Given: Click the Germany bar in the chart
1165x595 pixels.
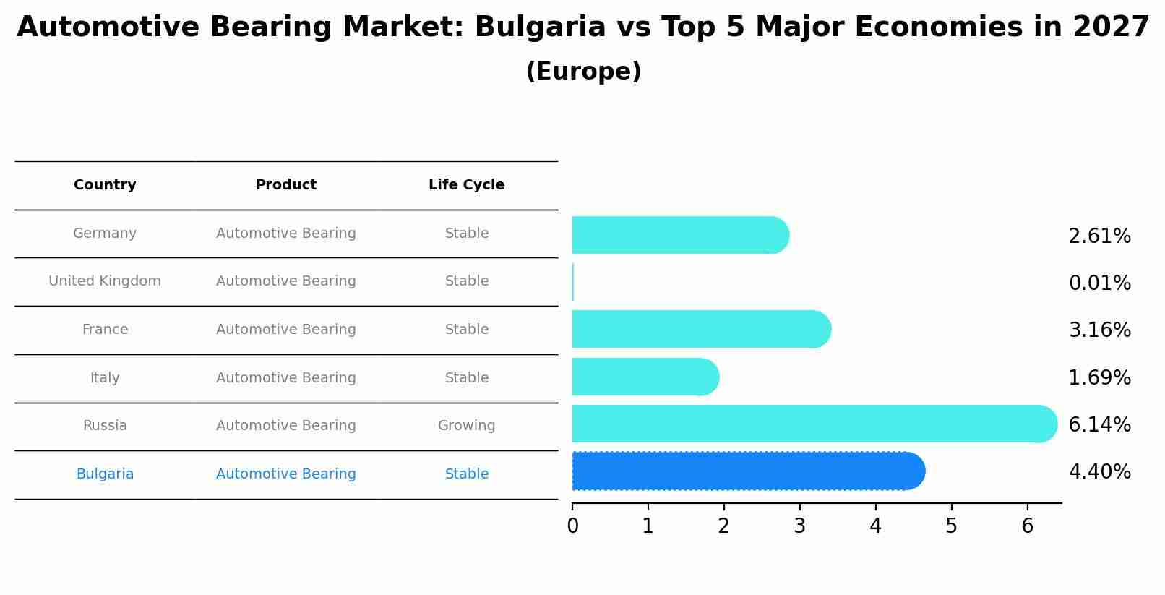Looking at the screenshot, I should [679, 235].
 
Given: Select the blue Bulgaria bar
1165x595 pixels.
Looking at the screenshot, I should [748, 471].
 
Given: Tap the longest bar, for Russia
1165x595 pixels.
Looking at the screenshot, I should [814, 424].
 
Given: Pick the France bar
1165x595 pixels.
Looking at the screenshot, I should [701, 329].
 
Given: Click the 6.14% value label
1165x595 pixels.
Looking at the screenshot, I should [1099, 424].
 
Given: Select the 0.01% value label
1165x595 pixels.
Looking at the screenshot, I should [1099, 283].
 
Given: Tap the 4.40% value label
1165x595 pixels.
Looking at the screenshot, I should [1099, 472].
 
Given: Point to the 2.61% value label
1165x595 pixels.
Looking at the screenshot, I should [1099, 236].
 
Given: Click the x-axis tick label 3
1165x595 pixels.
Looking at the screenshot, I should [799, 526].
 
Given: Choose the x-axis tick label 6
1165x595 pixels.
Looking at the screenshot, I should [1027, 526].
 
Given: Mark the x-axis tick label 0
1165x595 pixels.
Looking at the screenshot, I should [572, 526].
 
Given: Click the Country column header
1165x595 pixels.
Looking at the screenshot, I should [105, 185].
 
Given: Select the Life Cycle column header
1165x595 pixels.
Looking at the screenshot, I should [466, 185].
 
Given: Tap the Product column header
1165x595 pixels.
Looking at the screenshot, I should [286, 185].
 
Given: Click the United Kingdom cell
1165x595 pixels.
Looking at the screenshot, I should [105, 281].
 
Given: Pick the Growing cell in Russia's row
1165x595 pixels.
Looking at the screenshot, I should [466, 426].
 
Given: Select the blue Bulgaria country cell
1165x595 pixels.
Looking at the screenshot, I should [105, 474].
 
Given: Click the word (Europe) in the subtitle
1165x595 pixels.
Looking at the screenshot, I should [583, 72].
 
